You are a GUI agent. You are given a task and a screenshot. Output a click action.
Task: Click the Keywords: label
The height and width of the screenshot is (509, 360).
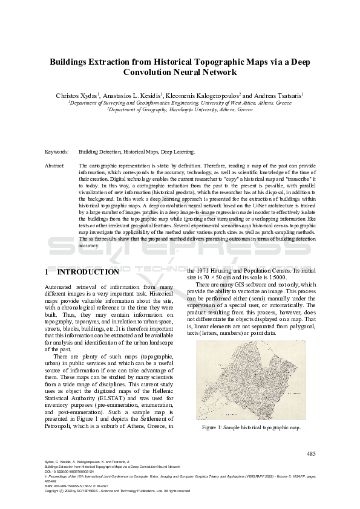57,152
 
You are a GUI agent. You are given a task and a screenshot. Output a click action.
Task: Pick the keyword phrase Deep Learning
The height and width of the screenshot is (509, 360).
180,152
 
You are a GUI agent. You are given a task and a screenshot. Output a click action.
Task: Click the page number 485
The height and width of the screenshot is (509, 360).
311,453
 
